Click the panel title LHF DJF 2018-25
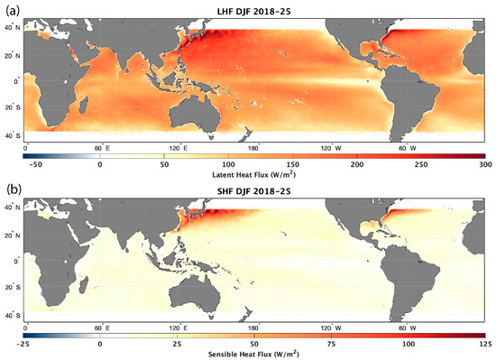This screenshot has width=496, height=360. [x=253, y=12]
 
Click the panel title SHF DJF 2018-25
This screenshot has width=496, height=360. [x=253, y=191]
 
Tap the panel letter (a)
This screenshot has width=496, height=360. [x=13, y=12]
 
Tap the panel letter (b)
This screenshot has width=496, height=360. [x=13, y=189]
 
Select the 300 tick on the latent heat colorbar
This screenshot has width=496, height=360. [x=485, y=164]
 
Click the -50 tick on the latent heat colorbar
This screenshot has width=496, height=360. [x=35, y=164]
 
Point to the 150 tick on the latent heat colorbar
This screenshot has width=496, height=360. [x=292, y=164]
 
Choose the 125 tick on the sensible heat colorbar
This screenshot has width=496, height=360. [x=485, y=344]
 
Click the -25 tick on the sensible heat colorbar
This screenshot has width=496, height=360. [x=23, y=344]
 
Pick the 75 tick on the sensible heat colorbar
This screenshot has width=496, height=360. [x=332, y=344]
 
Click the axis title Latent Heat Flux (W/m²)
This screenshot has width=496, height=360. [x=254, y=174]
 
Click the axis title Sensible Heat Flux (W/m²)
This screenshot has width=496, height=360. [x=253, y=354]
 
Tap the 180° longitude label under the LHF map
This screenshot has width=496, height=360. [x=254, y=148]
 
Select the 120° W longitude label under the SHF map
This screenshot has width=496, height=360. [x=331, y=328]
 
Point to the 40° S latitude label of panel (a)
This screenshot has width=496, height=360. [x=13, y=136]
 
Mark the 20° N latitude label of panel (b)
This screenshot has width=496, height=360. [x=13, y=235]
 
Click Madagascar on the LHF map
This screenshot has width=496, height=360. [x=83, y=106]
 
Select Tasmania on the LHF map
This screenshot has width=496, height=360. [x=211, y=136]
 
